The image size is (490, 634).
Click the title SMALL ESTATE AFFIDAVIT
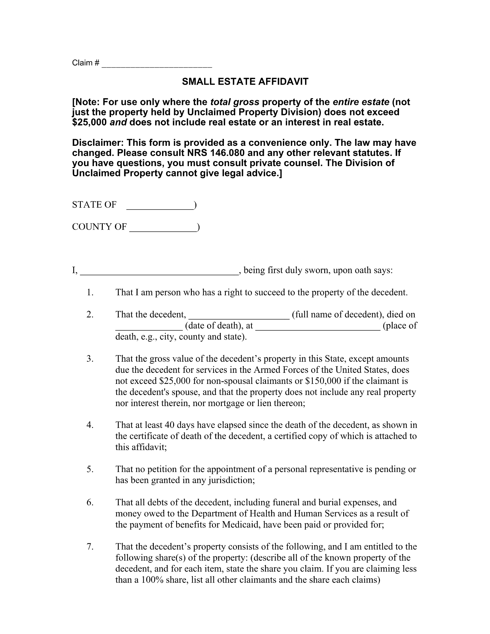[245, 82]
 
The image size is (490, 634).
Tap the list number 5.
[90, 469]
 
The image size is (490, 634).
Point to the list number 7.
[90, 547]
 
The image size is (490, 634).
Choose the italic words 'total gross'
[235, 102]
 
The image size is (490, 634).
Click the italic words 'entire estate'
[361, 102]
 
